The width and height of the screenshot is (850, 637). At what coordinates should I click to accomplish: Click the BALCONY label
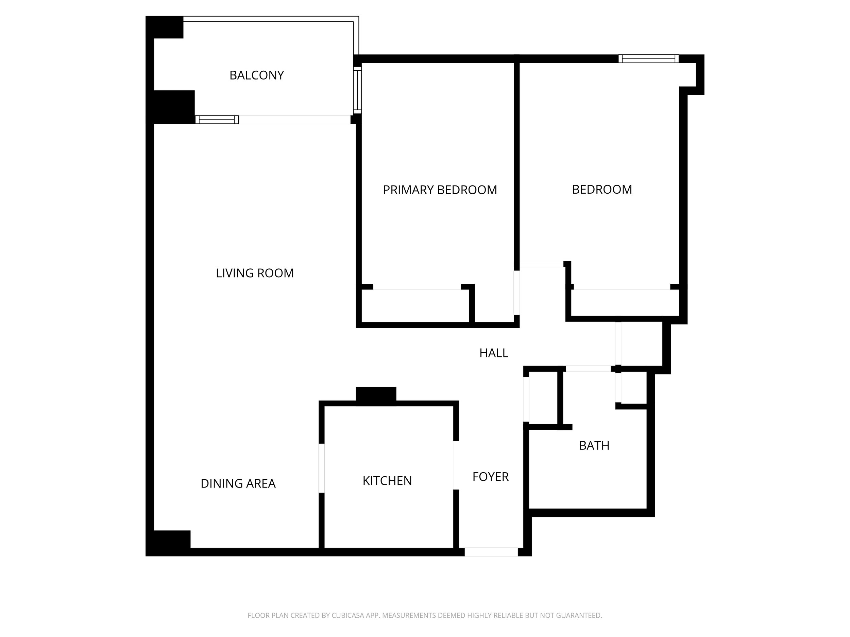tap(256, 75)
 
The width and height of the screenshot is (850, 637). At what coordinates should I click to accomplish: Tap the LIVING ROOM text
tap(255, 273)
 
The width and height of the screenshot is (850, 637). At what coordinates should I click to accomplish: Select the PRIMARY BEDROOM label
tap(440, 190)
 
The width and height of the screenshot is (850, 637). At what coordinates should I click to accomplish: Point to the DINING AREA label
tap(238, 483)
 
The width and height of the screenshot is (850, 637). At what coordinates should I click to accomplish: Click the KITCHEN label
tap(387, 481)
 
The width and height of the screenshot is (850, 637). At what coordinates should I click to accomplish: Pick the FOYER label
tap(490, 477)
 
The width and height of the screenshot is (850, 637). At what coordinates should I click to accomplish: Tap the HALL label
tap(494, 353)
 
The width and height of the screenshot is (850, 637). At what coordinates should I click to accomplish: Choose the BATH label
tap(594, 445)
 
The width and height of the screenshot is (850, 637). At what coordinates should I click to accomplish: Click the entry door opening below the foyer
tap(491, 552)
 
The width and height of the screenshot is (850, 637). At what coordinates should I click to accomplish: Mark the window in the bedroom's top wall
tap(649, 59)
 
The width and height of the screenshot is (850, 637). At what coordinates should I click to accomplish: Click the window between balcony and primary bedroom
tap(357, 90)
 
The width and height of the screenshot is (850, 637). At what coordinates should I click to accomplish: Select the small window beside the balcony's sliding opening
tap(217, 119)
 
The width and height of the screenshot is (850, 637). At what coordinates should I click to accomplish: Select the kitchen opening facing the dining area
tap(322, 468)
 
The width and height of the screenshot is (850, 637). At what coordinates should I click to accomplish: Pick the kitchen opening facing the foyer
tap(456, 465)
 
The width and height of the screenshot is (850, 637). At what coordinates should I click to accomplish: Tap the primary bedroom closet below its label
tap(415, 306)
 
